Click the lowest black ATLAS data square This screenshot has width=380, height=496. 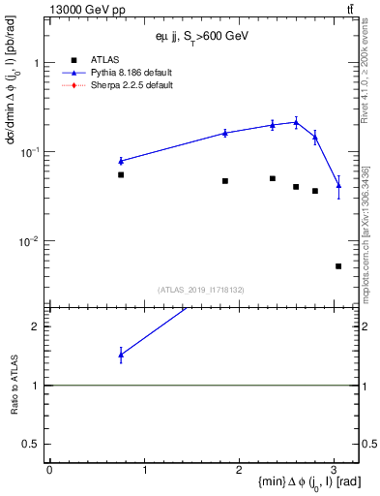coord(338,266)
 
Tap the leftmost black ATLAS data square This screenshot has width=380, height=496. coord(121,175)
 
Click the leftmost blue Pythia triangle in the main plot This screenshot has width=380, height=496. coord(121,161)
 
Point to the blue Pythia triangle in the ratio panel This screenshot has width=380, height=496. coord(121,355)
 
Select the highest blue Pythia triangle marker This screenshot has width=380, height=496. coord(296,121)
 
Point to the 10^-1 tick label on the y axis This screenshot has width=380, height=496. coord(32,152)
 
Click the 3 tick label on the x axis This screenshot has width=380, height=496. coord(334,470)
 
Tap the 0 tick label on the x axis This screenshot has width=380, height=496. coord(49,470)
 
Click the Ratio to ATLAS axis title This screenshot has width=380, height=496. coord(14,386)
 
